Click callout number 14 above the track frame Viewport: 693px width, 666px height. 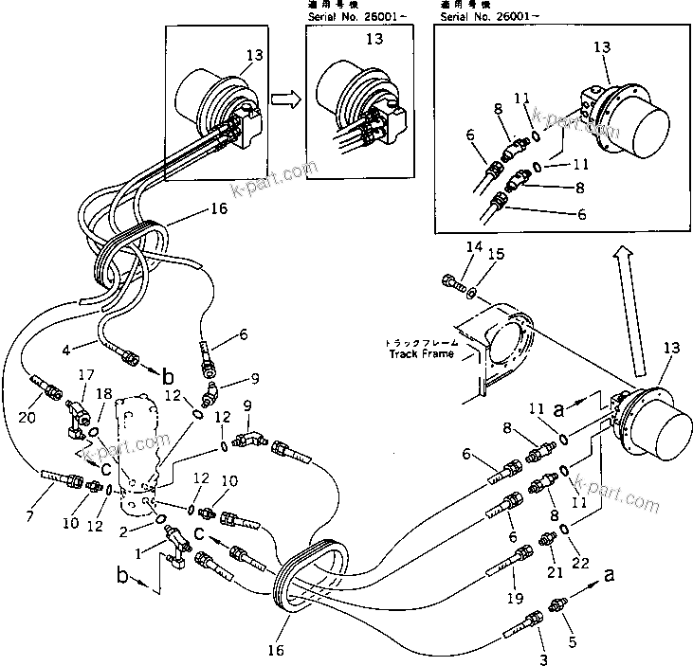pyautogui.click(x=448, y=248)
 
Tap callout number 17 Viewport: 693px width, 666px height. pyautogui.click(x=82, y=375)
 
